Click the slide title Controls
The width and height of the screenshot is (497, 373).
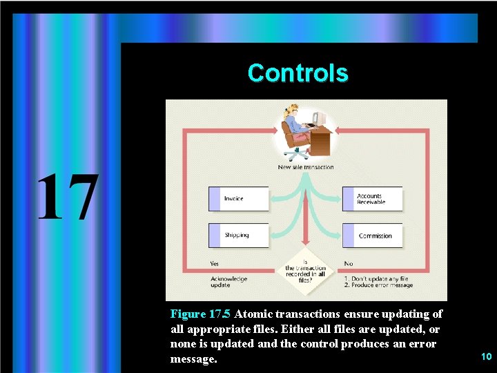coord(298,73)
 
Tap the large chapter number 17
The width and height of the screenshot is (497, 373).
coord(67,198)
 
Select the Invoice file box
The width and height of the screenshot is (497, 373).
coord(238,199)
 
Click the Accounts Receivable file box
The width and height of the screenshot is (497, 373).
coord(372,199)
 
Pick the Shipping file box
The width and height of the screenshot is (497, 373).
coord(238,236)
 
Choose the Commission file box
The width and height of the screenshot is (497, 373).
coord(373,236)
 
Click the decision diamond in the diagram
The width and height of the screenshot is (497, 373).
coord(306,269)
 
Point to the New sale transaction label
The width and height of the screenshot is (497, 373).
coord(306,167)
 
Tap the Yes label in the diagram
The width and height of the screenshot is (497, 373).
coord(215,263)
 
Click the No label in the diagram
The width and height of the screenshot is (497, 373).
coord(348,263)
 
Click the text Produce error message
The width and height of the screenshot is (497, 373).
coord(382,285)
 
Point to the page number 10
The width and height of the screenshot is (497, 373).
coord(486,356)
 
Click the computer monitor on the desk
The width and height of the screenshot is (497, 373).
coord(318,118)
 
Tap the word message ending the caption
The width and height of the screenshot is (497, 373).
coord(193,359)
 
